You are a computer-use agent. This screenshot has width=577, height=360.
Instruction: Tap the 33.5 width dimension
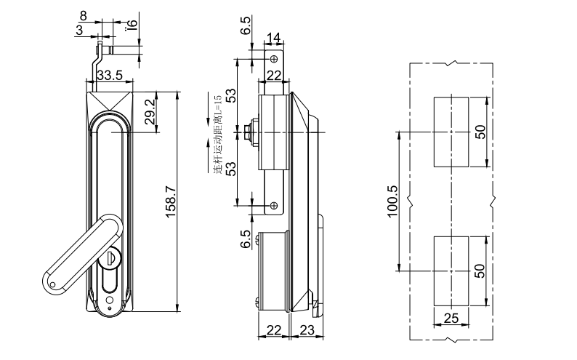109,75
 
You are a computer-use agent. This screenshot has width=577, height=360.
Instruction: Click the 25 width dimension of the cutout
451,317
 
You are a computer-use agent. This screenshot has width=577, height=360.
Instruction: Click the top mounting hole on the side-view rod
273,58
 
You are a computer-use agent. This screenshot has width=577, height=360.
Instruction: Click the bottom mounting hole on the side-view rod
273,207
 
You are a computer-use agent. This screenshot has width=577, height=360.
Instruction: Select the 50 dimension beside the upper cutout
479,132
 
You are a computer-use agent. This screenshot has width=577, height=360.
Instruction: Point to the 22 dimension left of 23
273,330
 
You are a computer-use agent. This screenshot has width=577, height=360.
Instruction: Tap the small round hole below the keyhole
110,300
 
